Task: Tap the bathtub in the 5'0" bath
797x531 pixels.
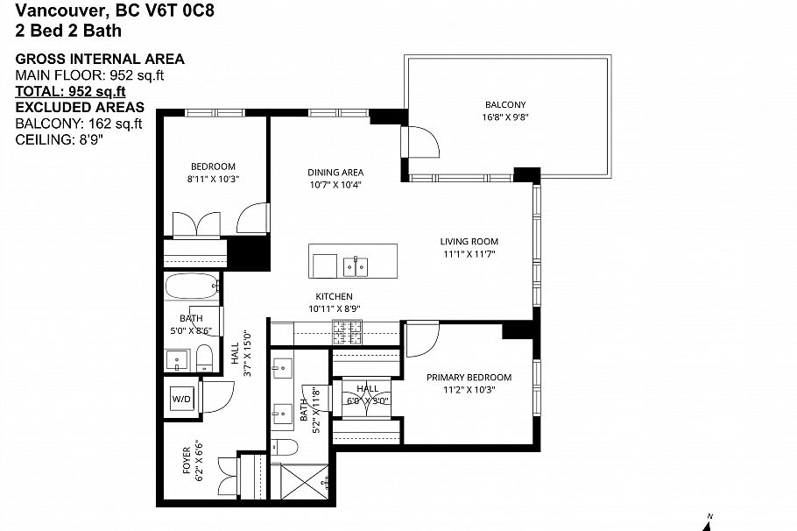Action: click(x=192, y=287)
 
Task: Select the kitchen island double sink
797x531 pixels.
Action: click(x=356, y=265)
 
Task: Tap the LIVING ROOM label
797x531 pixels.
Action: click(x=469, y=242)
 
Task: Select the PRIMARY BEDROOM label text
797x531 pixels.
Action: click(x=469, y=378)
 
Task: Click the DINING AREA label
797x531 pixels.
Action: click(x=335, y=173)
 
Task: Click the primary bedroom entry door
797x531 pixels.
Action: click(x=422, y=338)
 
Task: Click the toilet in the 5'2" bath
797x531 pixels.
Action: click(x=285, y=449)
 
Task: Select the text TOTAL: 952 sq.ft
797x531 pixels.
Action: click(x=71, y=91)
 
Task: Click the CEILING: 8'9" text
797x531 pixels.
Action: click(x=60, y=138)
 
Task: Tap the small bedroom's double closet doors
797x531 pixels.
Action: click(x=199, y=223)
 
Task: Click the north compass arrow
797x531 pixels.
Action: click(x=709, y=522)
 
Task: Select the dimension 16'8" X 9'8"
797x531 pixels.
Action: click(x=505, y=117)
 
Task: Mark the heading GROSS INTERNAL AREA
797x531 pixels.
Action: click(x=100, y=59)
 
